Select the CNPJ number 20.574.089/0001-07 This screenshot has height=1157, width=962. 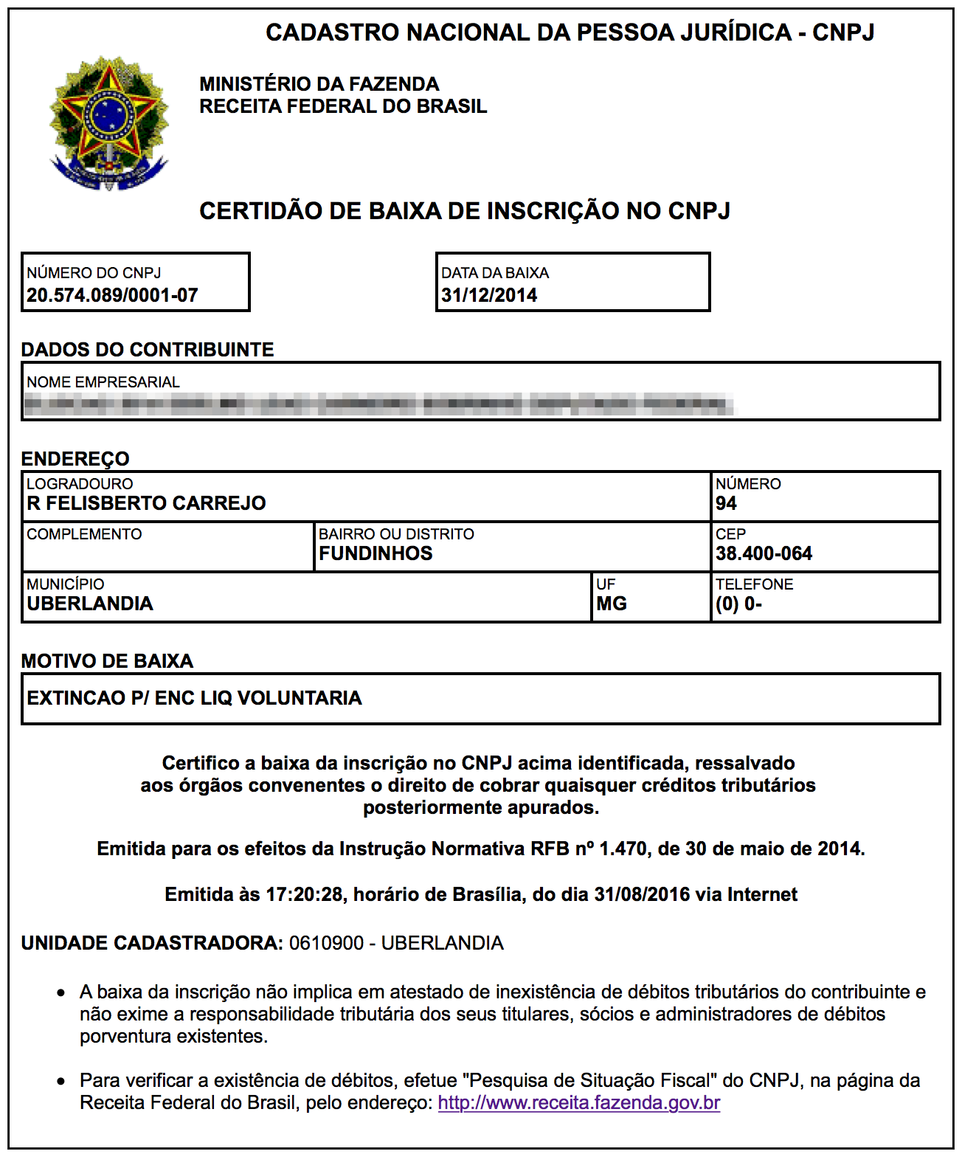click(x=112, y=295)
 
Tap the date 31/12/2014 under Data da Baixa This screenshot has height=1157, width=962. click(x=489, y=295)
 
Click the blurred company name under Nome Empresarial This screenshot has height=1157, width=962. click(x=379, y=404)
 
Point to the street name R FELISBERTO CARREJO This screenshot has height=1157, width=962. click(x=146, y=503)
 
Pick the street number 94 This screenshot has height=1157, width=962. click(x=726, y=503)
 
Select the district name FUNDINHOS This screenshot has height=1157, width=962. click(x=376, y=553)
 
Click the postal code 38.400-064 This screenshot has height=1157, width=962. click(x=764, y=553)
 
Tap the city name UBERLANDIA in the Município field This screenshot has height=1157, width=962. click(x=90, y=604)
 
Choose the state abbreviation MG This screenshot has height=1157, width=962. click(x=612, y=604)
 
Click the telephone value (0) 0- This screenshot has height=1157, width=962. click(x=738, y=604)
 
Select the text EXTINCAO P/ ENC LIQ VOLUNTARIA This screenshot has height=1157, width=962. click(x=194, y=698)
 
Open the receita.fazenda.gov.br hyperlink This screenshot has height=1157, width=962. click(x=578, y=1103)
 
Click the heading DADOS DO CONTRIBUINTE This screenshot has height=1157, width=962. click(x=148, y=350)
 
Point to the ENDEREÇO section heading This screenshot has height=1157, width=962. click(x=75, y=459)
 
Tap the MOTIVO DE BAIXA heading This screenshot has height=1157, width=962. click(x=107, y=661)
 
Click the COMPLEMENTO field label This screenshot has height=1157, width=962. click(x=84, y=534)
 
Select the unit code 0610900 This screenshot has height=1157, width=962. click(x=326, y=943)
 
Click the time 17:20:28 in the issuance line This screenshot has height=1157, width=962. click(x=304, y=894)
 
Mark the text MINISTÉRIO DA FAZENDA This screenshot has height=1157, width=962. click(x=319, y=84)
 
